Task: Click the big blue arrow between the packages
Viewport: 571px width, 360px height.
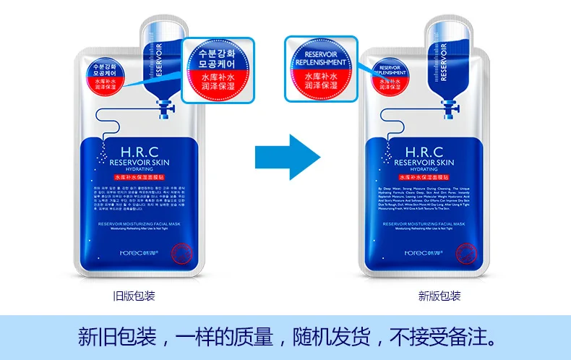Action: [288, 155]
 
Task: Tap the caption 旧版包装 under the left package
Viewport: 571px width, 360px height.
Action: [134, 296]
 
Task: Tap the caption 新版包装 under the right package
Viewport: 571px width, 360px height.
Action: [439, 296]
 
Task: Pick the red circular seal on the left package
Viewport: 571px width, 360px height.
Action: [174, 252]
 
